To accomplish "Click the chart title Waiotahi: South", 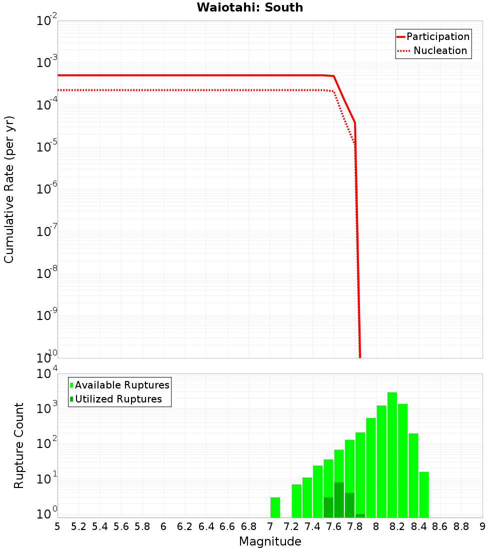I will coord(249,7).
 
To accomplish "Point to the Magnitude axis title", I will coord(270,541).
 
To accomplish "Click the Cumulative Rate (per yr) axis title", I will coord(9,189).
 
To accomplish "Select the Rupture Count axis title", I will coord(19,445).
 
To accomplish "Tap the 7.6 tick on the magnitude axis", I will coord(333,526).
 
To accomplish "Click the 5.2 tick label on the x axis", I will coord(78,526).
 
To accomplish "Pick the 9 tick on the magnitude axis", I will coord(482,526).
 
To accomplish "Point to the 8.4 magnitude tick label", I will coord(418,526).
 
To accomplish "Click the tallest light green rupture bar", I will coord(392,455).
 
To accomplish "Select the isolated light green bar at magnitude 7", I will coord(275,507).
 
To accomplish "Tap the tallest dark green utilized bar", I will coord(339,499).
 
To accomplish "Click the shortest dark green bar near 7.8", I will coord(360,515).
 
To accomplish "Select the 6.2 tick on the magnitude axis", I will coord(184,526).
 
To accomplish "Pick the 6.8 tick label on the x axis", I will coord(248,526).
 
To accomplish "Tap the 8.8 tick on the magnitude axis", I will coord(461,526).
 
